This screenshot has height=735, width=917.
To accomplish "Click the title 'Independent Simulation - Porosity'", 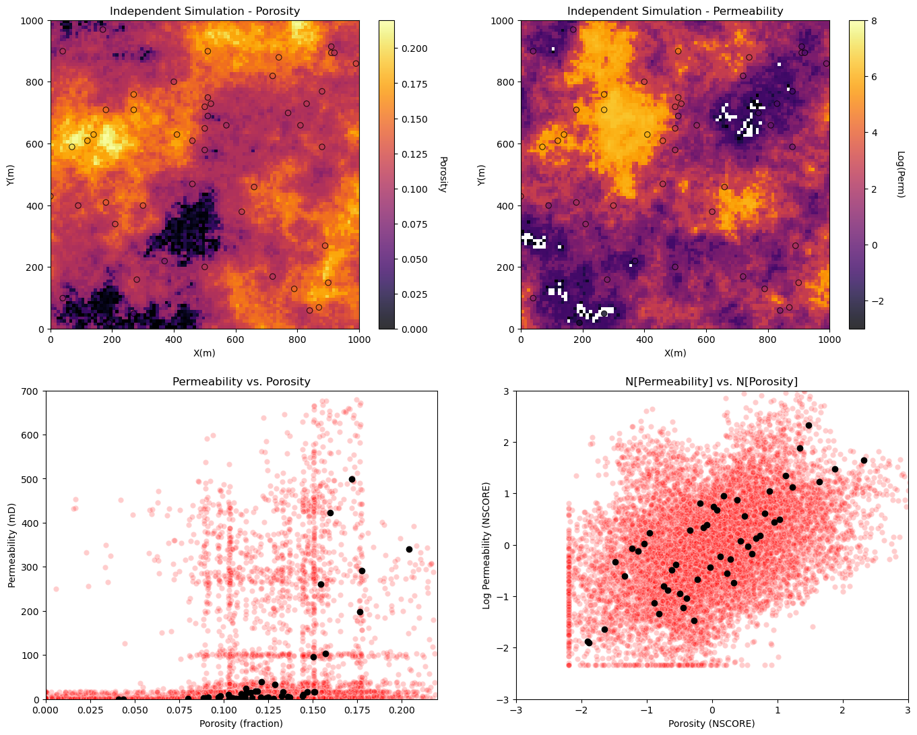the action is click(205, 11).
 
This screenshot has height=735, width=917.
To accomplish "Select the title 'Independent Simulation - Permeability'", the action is click(675, 11).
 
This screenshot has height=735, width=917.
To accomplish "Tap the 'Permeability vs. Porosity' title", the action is click(241, 381).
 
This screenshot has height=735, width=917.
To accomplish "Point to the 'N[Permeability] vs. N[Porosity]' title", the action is click(712, 381).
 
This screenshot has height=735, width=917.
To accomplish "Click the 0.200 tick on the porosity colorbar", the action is click(414, 49).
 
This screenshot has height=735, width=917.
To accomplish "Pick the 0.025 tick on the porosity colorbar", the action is click(414, 294).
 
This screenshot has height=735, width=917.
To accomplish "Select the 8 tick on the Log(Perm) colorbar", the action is click(874, 21).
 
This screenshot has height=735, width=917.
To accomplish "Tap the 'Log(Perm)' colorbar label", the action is click(901, 174).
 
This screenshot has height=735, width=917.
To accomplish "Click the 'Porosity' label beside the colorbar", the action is click(443, 174).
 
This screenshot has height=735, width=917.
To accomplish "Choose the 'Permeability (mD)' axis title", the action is click(11, 546).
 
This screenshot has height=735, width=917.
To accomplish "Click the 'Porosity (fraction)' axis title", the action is click(241, 723).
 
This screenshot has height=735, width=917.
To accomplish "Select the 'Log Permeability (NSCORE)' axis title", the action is click(486, 546).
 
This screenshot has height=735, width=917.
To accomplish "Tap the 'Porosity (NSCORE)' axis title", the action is click(712, 723).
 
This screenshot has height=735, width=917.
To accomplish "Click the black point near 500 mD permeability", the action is click(352, 480).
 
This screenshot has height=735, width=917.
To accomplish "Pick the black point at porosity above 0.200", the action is click(409, 549).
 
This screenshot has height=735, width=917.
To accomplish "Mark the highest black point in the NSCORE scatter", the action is click(809, 425).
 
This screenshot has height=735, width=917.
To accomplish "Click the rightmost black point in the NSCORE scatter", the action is click(864, 460).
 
